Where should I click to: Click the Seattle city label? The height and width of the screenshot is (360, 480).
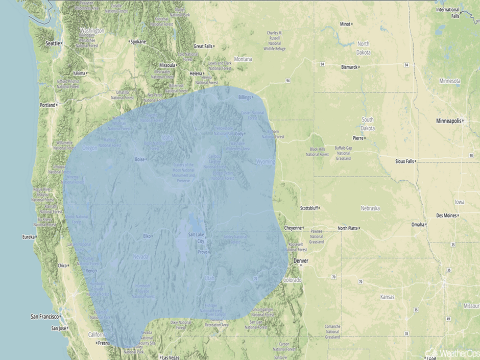[x=53, y=43]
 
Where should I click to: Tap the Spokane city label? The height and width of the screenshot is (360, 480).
[x=138, y=41]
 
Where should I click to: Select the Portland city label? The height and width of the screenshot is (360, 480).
[x=47, y=105]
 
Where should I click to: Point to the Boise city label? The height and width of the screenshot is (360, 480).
[x=139, y=159]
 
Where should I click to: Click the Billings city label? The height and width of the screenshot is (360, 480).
[x=245, y=97]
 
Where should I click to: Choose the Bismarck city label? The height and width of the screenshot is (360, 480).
[x=349, y=67]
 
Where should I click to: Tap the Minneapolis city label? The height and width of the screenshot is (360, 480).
[x=448, y=121]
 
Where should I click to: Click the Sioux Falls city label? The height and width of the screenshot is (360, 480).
[x=404, y=161]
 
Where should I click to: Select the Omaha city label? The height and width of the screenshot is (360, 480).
[x=418, y=225]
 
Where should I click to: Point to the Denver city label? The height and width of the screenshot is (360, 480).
[x=301, y=261]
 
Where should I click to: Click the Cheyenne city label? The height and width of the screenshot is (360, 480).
[x=293, y=228]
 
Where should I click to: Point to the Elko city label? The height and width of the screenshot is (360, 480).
[x=147, y=236]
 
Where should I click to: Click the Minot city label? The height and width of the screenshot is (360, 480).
[x=345, y=24]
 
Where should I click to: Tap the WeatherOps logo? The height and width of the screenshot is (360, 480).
[x=452, y=353]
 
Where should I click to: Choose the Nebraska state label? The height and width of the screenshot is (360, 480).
[x=370, y=208]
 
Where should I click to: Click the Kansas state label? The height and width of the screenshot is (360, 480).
[x=388, y=297]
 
